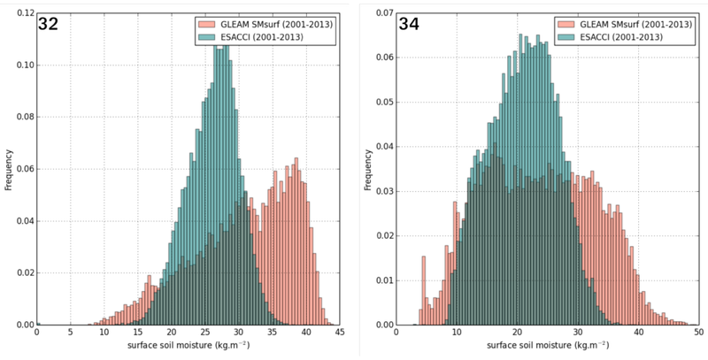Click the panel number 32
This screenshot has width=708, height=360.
pyautogui.click(x=49, y=25)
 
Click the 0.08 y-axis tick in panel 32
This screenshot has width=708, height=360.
pyautogui.click(x=21, y=118)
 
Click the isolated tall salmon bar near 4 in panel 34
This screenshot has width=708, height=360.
pyautogui.click(x=419, y=292)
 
